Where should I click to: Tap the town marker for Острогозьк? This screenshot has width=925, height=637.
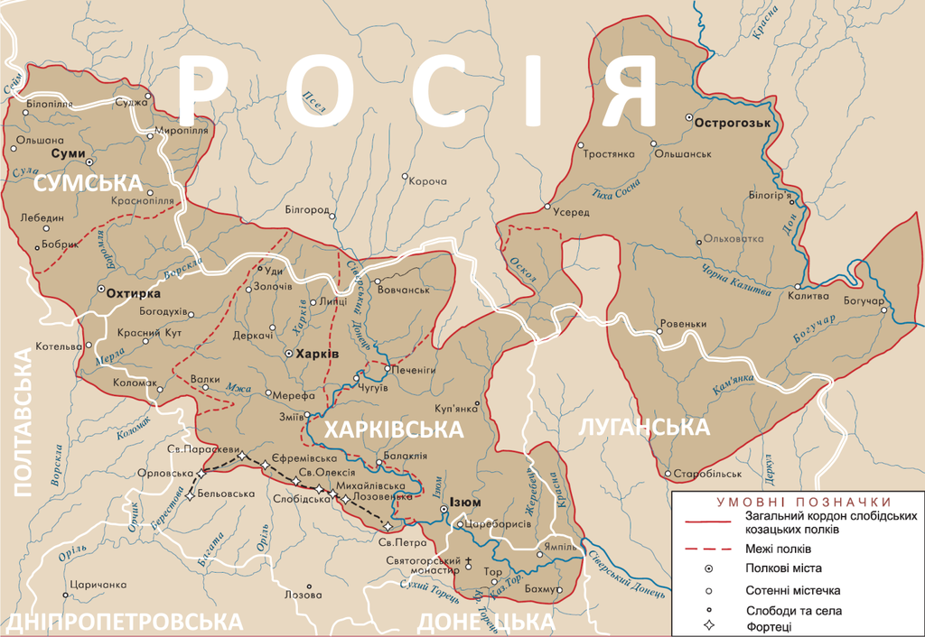pos(689,118)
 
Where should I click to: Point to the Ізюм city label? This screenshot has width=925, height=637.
pos(464,503)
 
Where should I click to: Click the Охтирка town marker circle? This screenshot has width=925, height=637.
pos(101,290)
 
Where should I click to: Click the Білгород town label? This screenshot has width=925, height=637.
pos(306,209)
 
